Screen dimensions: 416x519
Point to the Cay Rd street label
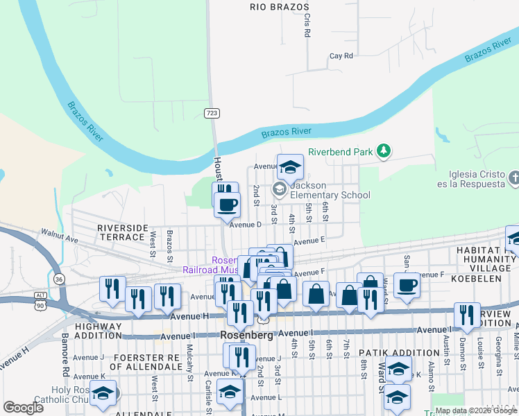click(341, 55)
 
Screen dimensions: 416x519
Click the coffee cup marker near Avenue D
click(227, 204)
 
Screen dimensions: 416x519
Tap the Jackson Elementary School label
click(330, 191)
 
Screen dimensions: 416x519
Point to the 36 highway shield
click(60, 279)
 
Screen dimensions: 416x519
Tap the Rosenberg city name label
click(248, 335)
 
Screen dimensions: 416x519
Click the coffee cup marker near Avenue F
click(407, 284)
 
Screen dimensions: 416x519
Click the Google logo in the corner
click(24, 407)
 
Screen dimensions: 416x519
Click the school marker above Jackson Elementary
click(291, 166)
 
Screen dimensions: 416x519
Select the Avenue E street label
click(309, 241)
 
